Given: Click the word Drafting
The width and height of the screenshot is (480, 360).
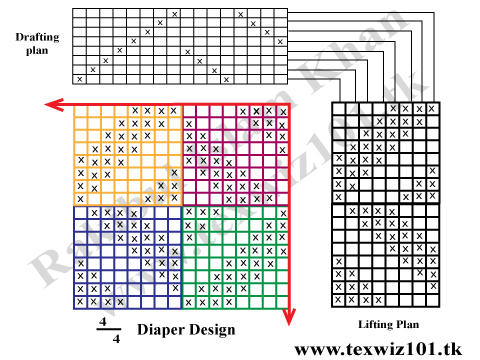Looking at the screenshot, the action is [x=36, y=37].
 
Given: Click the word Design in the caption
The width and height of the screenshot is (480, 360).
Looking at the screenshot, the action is [x=212, y=329].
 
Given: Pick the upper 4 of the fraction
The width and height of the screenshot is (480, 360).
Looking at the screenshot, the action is [x=101, y=322].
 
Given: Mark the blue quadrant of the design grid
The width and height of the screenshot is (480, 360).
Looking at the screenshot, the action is [x=127, y=257].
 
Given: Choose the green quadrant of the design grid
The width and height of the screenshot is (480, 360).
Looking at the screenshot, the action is [x=235, y=257].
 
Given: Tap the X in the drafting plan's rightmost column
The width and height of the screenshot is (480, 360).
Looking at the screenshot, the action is [x=280, y=42].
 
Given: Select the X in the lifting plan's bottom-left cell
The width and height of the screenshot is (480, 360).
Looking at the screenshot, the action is [x=339, y=299].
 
